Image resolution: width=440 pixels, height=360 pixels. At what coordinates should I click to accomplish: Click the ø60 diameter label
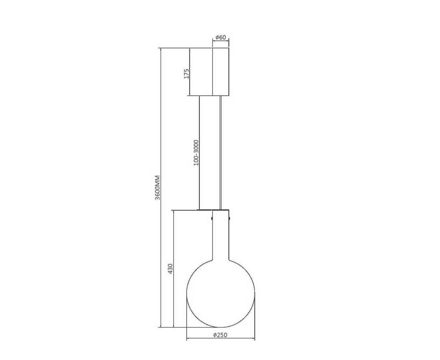[x=221, y=37]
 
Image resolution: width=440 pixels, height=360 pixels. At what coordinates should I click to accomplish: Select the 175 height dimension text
[x=186, y=73]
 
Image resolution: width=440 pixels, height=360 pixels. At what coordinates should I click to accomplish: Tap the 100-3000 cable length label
[x=196, y=153]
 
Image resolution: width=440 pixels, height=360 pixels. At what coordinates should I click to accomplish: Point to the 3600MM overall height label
[x=157, y=188]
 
